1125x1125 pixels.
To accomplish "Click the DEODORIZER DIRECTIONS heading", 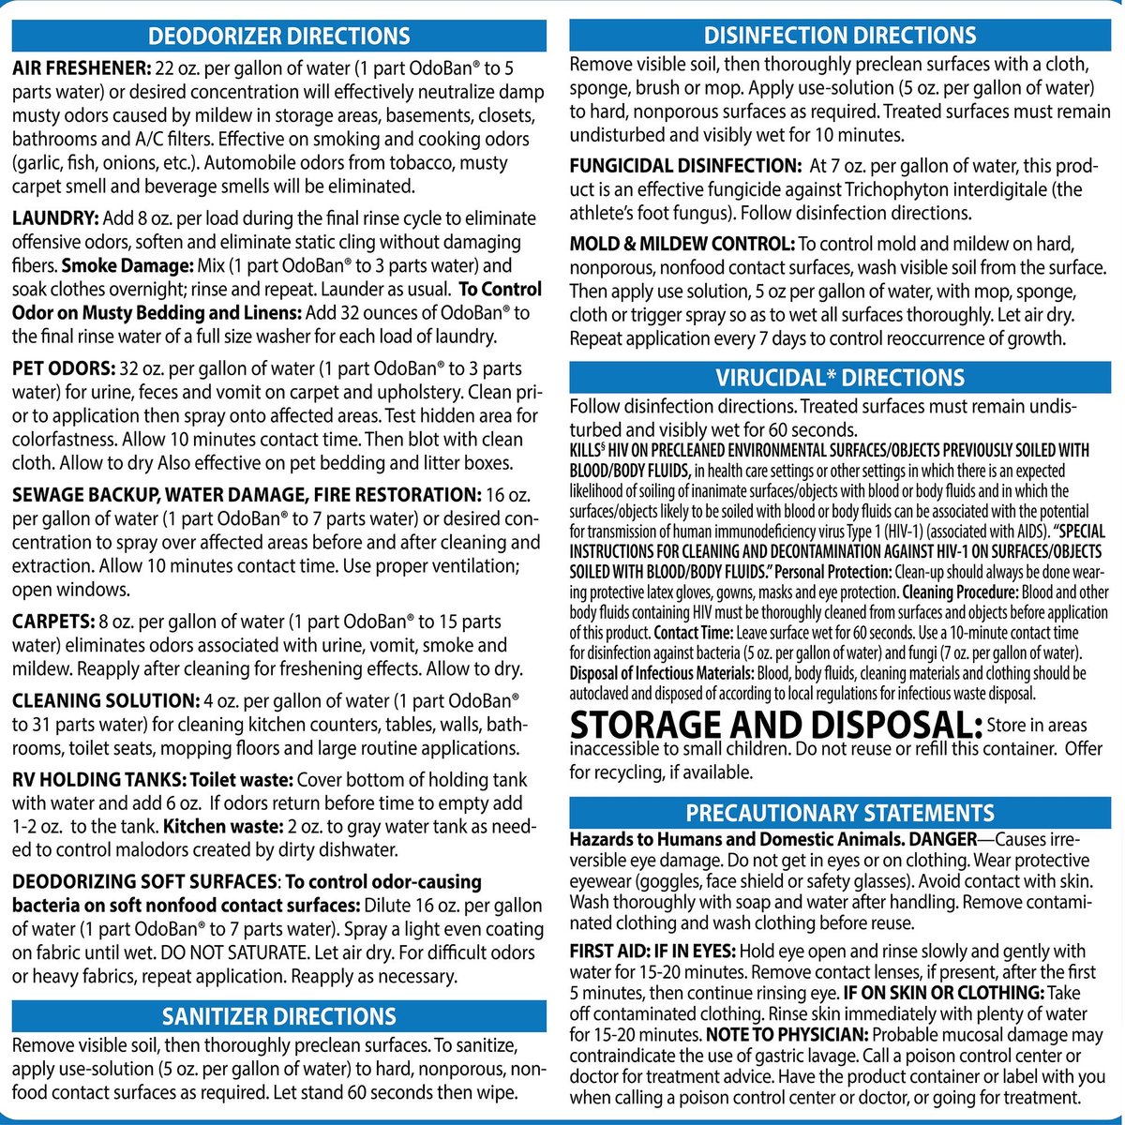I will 279,37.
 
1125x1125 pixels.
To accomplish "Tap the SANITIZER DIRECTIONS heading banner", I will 279,1016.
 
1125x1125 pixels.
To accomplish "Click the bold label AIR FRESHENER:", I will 81,67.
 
